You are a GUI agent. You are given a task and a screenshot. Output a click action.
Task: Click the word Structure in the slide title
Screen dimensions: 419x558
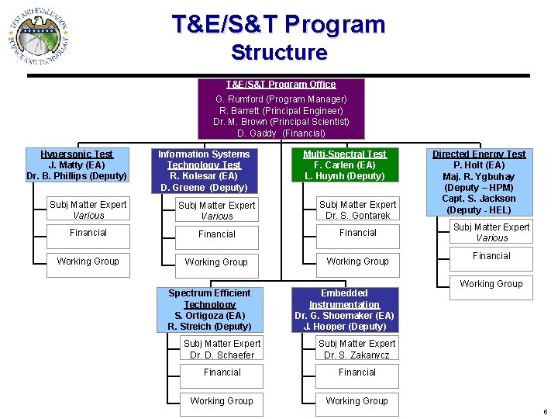pyautogui.click(x=279, y=53)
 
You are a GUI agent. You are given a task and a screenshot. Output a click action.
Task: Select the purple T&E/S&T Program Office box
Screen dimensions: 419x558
pyautogui.click(x=281, y=109)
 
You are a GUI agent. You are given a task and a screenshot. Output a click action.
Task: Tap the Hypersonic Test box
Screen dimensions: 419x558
pyautogui.click(x=77, y=165)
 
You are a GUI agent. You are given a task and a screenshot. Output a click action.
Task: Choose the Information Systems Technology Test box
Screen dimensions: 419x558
pyautogui.click(x=204, y=171)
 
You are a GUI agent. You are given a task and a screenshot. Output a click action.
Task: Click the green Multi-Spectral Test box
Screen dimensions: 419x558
pyautogui.click(x=344, y=165)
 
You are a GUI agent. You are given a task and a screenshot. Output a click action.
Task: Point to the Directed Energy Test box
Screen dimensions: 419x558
pyautogui.click(x=478, y=182)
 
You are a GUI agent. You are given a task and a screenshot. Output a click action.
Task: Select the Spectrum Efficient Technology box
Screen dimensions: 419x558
pyautogui.click(x=209, y=310)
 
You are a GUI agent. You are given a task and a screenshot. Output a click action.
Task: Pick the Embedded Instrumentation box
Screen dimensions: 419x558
pyautogui.click(x=344, y=310)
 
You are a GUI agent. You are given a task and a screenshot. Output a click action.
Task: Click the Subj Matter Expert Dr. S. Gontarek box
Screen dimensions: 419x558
pyautogui.click(x=357, y=210)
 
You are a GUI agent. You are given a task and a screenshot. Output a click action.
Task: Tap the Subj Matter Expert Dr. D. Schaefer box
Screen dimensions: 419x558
pyautogui.click(x=222, y=349)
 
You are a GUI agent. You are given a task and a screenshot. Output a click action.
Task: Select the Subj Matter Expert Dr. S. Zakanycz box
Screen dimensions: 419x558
pyautogui.click(x=357, y=349)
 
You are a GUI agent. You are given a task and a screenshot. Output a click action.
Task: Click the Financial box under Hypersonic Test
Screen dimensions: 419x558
pyautogui.click(x=88, y=233)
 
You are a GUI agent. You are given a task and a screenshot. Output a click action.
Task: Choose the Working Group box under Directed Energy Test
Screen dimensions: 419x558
pyautogui.click(x=491, y=284)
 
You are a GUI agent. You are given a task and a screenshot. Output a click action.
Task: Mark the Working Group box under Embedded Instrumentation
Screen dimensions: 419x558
pyautogui.click(x=357, y=401)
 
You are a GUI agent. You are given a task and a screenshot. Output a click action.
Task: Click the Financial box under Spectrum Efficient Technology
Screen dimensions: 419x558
pyautogui.click(x=222, y=373)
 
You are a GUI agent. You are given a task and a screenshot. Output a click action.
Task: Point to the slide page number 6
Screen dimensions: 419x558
pyautogui.click(x=546, y=412)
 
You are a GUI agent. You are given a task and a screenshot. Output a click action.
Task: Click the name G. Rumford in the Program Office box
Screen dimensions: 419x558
pyautogui.click(x=240, y=99)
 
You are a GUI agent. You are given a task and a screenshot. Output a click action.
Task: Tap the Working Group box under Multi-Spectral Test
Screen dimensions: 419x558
pyautogui.click(x=357, y=261)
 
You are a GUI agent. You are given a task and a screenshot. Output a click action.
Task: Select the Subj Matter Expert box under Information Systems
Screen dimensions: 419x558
pyautogui.click(x=216, y=210)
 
